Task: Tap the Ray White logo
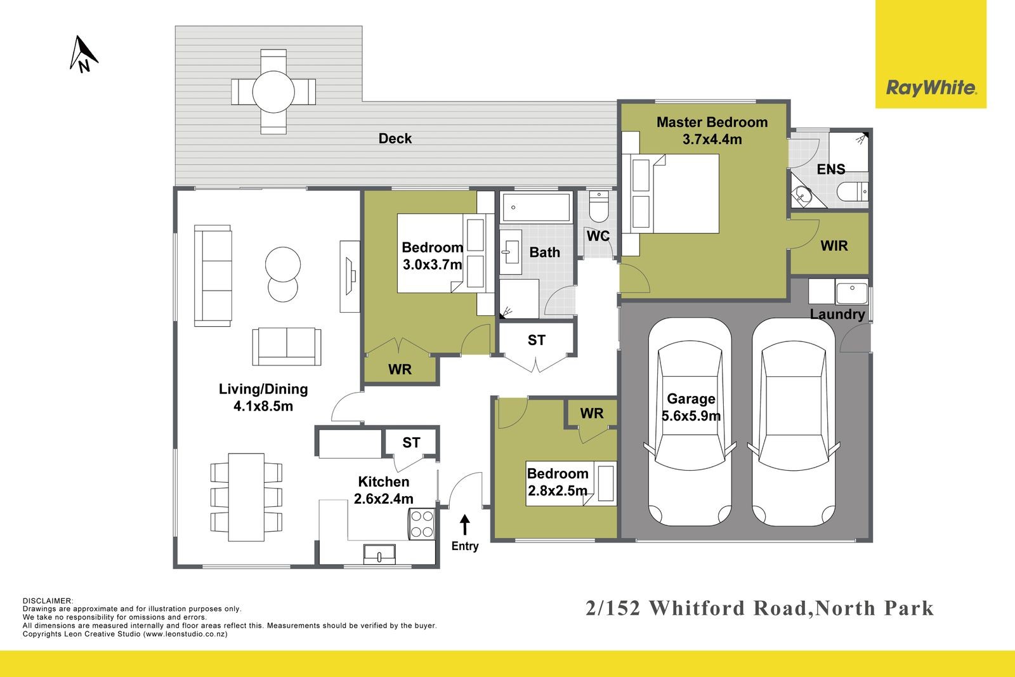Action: click(x=931, y=88)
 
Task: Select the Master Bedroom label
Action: click(x=712, y=122)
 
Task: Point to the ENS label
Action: click(x=830, y=169)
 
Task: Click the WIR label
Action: click(x=834, y=246)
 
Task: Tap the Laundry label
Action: click(x=837, y=314)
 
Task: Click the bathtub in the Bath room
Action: click(x=536, y=207)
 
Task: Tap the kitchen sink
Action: click(x=379, y=555)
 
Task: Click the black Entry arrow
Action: click(x=465, y=524)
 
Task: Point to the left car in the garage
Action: click(x=690, y=422)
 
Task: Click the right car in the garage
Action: click(x=794, y=422)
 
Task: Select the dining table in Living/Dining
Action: click(x=246, y=497)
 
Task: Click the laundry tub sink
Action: click(x=851, y=293)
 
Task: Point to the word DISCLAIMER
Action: click(x=48, y=600)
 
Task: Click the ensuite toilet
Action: click(x=852, y=190)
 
